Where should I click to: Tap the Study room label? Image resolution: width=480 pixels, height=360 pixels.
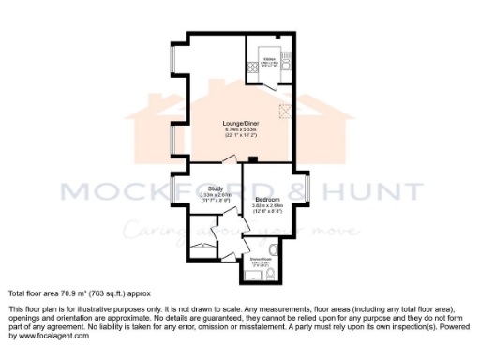(214, 188)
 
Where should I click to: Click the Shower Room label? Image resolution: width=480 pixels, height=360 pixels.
(261, 259)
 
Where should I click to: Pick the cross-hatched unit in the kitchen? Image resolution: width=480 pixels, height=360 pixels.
(252, 68)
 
